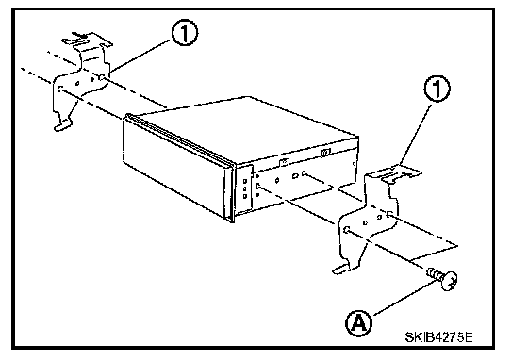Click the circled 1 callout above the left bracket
point(185,33)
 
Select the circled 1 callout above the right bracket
point(437,89)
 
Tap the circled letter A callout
point(359,323)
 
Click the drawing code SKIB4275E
point(438,336)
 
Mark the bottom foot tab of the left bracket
point(63,126)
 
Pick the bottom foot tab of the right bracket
point(342,269)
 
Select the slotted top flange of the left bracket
point(87,41)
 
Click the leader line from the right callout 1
point(415,134)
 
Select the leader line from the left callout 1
point(140,56)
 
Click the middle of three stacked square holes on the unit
point(245,188)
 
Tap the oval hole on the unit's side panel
point(295,176)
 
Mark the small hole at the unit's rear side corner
point(354,164)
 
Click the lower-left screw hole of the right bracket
point(347,229)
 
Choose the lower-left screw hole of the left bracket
point(60,89)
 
